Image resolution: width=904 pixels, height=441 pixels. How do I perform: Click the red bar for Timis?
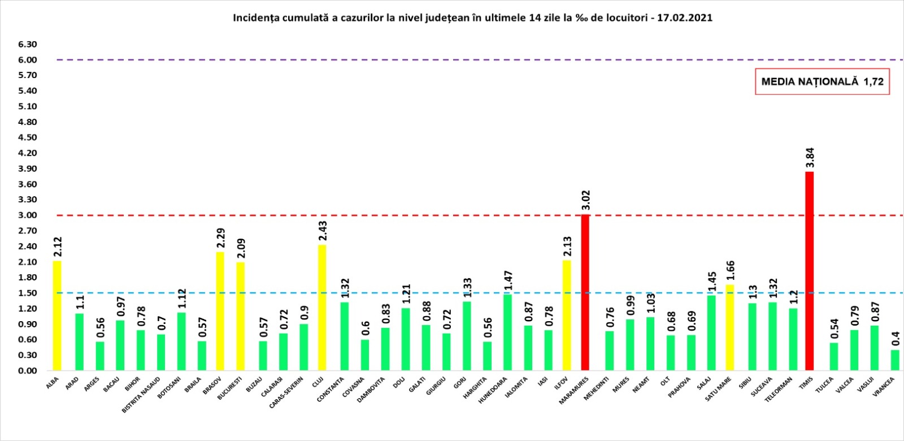[809, 271]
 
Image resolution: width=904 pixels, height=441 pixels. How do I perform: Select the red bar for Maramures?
[585, 293]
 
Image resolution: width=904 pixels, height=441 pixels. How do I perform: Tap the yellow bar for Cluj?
[321, 308]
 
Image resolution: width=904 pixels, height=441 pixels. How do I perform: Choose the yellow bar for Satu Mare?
[730, 328]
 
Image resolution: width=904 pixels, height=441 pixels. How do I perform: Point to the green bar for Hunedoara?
[507, 332]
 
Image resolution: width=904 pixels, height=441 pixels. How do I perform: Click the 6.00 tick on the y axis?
[27, 60]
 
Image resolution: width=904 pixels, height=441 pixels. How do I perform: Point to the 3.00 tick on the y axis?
[27, 215]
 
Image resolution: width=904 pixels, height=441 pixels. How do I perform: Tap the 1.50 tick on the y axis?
[27, 293]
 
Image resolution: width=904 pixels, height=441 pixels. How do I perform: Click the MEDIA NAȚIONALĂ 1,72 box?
[822, 82]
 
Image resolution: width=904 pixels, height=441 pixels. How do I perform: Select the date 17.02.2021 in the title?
[685, 18]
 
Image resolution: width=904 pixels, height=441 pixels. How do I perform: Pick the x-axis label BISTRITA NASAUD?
[141, 395]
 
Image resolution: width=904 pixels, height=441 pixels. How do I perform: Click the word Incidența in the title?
[254, 18]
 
